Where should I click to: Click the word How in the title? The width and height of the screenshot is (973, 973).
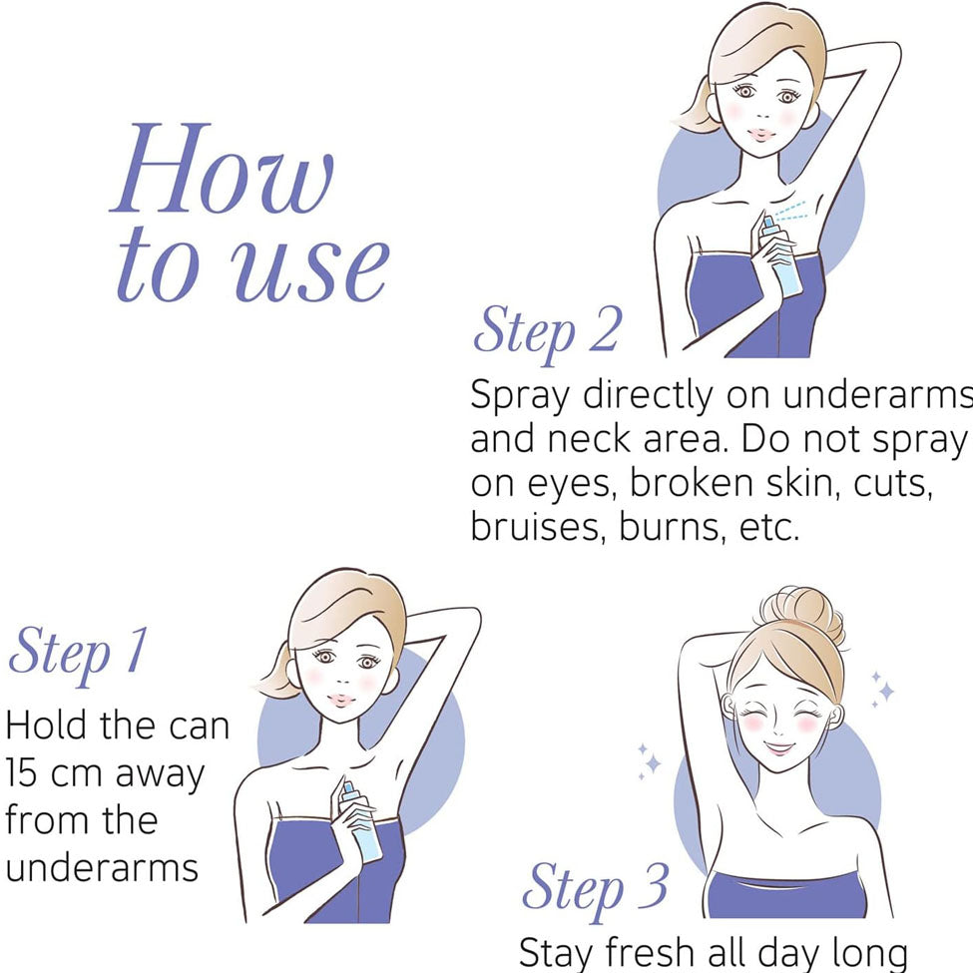point(223,169)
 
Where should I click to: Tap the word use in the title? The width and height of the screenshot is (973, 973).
point(310,268)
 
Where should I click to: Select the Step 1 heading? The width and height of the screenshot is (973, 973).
point(79,654)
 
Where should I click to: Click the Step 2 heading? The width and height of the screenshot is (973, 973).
point(547,331)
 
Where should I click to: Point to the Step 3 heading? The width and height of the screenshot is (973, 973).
point(596,888)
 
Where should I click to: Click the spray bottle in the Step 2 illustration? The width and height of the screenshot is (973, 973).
point(781,258)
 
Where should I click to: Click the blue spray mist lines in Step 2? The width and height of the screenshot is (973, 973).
point(790,211)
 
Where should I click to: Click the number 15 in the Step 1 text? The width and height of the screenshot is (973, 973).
point(21,773)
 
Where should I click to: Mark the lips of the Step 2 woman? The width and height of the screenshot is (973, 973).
point(762,135)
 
